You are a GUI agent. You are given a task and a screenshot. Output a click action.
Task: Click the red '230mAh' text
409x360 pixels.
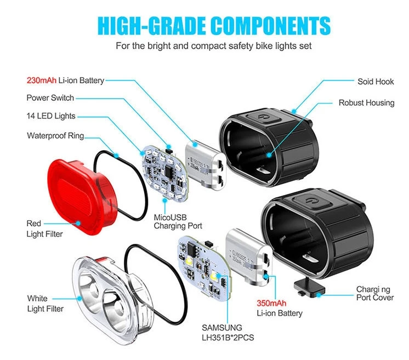click(42, 81)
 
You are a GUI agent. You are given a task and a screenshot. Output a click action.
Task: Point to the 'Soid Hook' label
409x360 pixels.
click(376, 82)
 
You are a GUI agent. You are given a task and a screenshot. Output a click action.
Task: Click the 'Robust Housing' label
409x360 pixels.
click(366, 102)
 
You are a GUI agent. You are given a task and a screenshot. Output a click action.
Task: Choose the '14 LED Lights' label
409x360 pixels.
click(51, 116)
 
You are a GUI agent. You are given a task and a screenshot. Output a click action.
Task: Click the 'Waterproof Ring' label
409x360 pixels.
click(55, 135)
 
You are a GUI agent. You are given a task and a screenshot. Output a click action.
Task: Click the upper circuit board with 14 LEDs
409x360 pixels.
click(163, 170)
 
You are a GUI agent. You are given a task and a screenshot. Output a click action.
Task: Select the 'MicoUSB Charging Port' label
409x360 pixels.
click(178, 221)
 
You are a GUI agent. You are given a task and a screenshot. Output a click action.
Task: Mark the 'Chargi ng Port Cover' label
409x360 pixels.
click(374, 293)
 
